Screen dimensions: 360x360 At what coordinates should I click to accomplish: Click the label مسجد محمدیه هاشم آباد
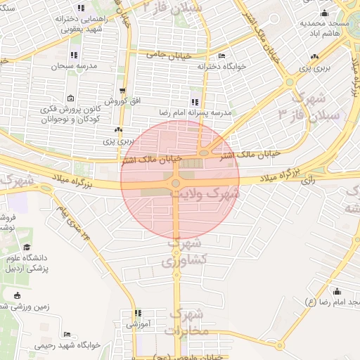click(x=324, y=28)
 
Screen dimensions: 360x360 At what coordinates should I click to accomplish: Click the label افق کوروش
click(x=127, y=101)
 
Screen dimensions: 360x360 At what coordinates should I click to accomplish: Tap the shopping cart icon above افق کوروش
click(x=124, y=91)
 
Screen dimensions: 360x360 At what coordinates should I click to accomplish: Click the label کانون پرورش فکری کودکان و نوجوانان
click(x=69, y=114)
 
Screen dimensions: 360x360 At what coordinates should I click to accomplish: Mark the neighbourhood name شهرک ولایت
click(x=210, y=192)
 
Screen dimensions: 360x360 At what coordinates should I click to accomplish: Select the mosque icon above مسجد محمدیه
click(x=323, y=13)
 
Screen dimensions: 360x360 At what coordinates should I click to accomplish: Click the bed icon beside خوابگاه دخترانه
click(x=222, y=56)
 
